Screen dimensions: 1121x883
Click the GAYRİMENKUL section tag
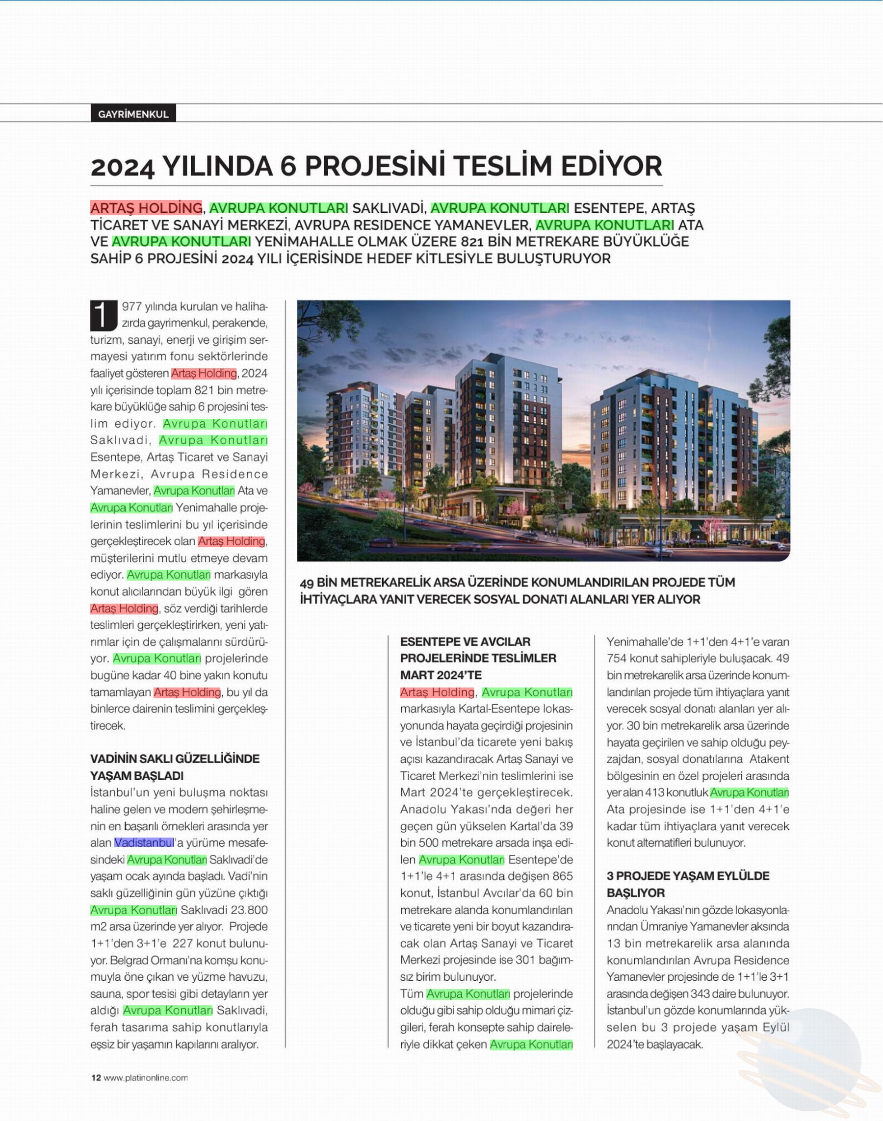point(133,114)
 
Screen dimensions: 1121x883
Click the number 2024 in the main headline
point(122,167)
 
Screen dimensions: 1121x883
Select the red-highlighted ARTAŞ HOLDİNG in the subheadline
point(146,208)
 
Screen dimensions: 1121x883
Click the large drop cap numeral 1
point(103,315)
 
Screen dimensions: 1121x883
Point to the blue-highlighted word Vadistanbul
point(144,842)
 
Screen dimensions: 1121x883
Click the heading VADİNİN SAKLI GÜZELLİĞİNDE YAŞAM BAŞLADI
point(175,767)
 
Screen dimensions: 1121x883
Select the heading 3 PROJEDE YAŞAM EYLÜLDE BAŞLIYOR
point(688,884)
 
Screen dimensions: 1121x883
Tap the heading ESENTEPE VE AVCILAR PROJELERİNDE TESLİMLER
point(478,658)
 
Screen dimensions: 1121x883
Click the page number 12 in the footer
point(96,1077)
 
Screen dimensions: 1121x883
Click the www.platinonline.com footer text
point(146,1077)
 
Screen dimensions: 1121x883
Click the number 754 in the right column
point(618,659)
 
